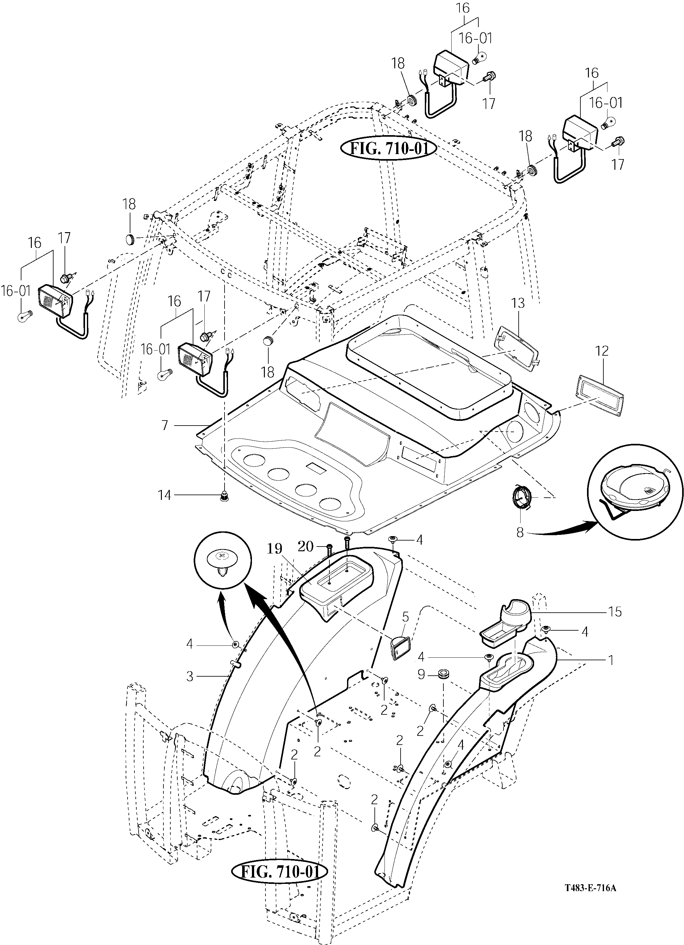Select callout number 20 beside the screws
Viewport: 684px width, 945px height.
(x=306, y=546)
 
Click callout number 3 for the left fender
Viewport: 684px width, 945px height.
(x=190, y=676)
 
